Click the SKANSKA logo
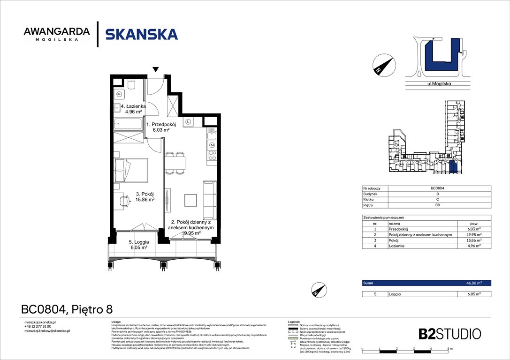coord(141,34)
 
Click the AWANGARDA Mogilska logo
coord(57,34)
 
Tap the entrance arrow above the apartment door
coord(156,70)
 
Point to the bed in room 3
coord(131,170)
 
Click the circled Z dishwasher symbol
coord(212,145)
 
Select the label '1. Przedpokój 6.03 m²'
coord(161,127)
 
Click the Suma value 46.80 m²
coord(474,283)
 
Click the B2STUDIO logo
coord(449,334)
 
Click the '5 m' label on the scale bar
coord(449,349)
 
